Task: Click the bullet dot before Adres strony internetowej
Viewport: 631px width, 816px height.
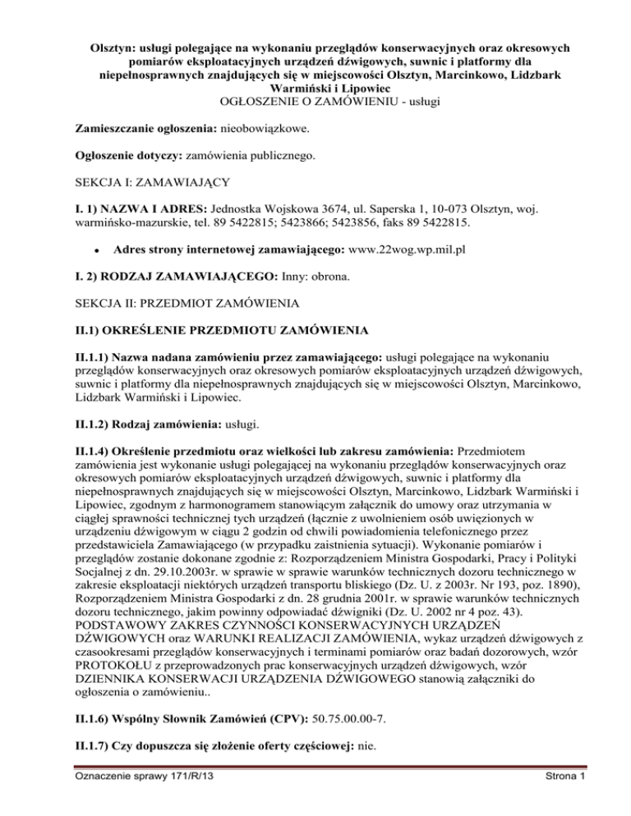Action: click(x=96, y=248)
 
